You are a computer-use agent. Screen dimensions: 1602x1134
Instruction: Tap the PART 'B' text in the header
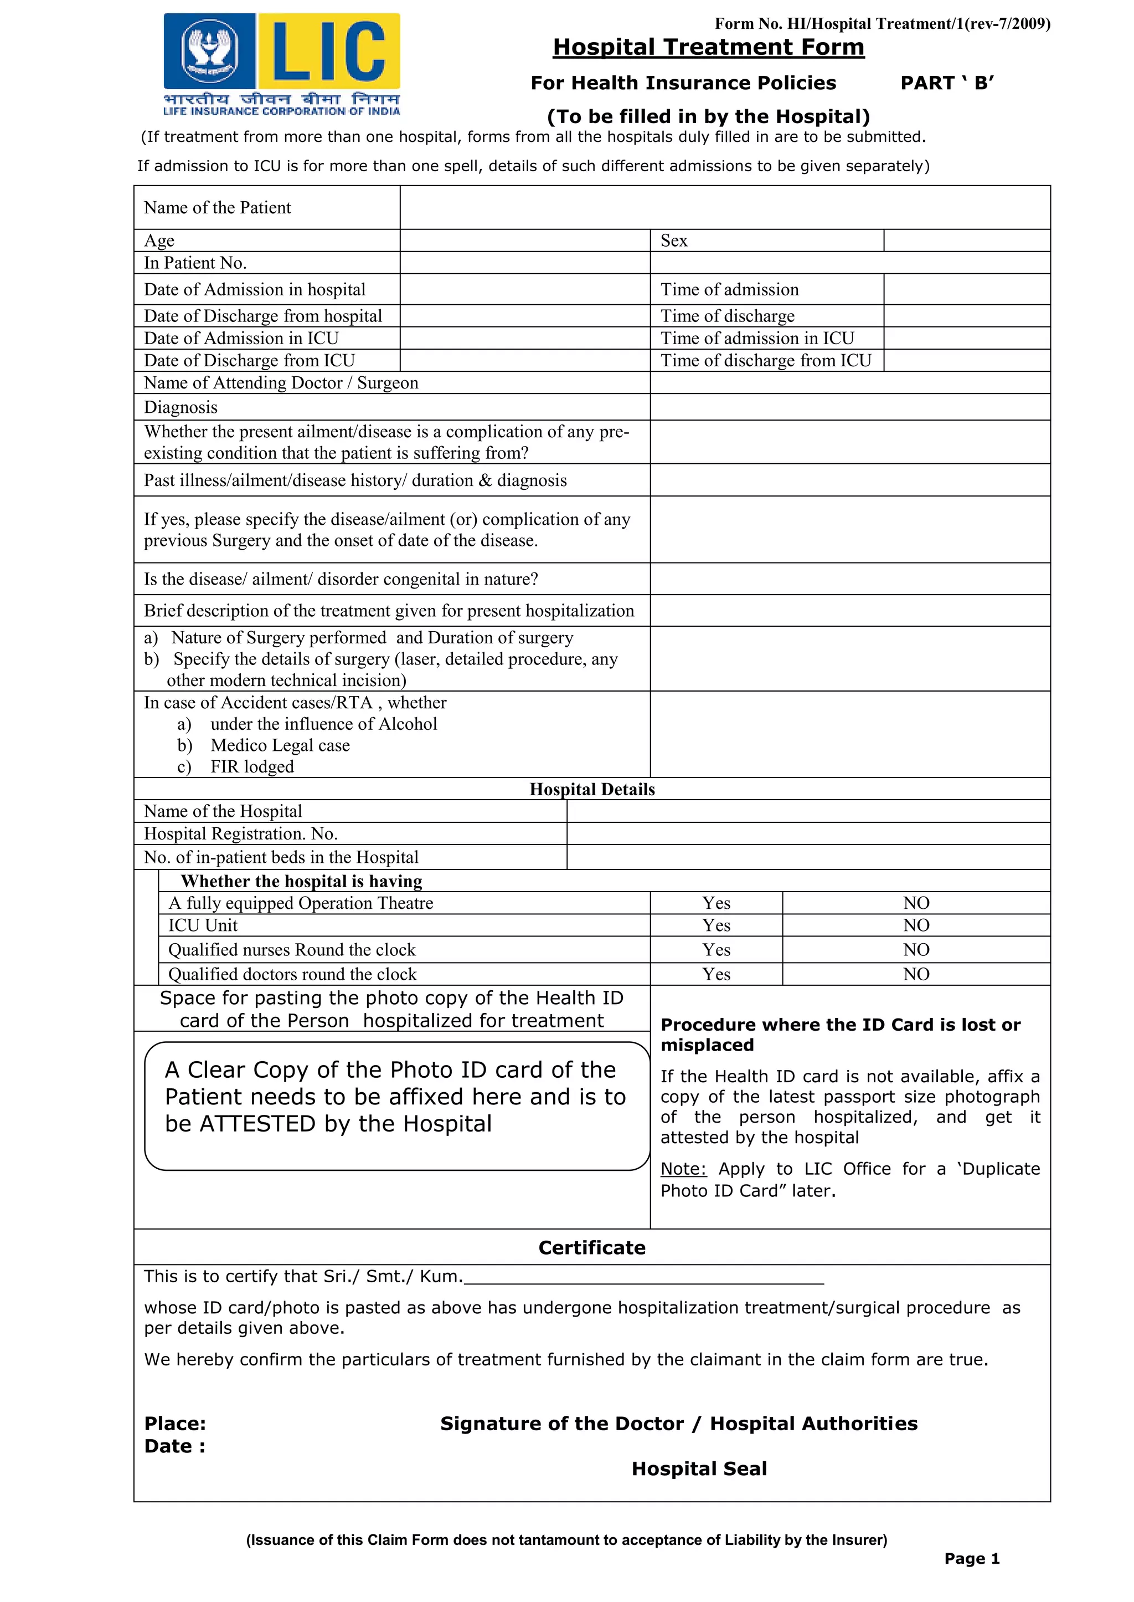point(947,83)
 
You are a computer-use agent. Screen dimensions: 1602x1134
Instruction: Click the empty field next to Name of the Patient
point(724,207)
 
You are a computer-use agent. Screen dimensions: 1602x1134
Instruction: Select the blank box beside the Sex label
point(966,240)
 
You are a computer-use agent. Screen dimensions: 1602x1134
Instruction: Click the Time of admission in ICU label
point(757,338)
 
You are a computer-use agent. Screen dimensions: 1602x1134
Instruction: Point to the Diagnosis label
point(181,407)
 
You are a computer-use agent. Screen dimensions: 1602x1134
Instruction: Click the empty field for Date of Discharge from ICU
point(524,361)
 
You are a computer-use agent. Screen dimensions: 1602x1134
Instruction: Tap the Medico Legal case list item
point(280,745)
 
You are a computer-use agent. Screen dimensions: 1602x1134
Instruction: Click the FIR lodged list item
point(252,766)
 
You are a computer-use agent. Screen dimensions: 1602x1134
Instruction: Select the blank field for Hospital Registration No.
point(808,833)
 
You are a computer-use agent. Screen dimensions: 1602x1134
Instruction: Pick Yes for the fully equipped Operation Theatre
point(716,903)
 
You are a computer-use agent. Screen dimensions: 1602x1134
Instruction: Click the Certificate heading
point(591,1248)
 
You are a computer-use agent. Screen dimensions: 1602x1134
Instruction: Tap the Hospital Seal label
point(699,1468)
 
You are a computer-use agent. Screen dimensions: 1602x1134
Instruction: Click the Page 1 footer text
point(971,1559)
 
